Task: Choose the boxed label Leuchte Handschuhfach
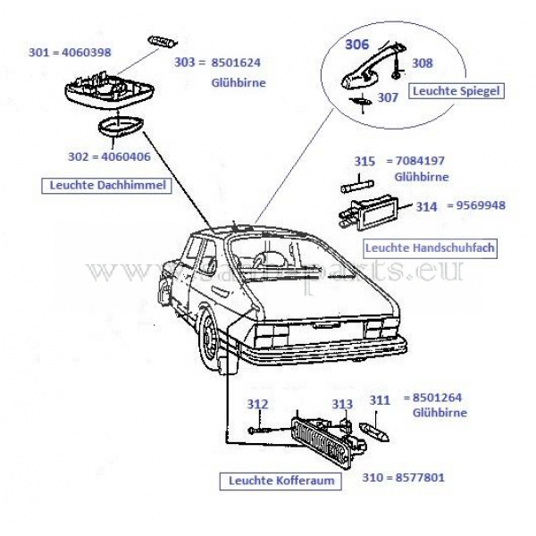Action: click(429, 247)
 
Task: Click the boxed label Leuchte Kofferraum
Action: click(272, 482)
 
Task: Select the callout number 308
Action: click(422, 63)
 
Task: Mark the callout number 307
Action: click(386, 97)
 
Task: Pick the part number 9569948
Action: click(482, 205)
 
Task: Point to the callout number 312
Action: click(257, 404)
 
